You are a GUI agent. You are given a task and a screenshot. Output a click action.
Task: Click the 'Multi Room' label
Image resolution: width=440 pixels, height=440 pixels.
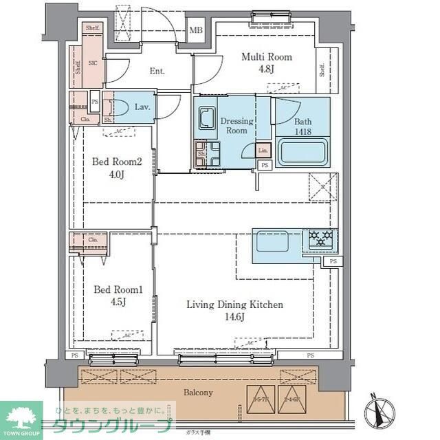pyautogui.click(x=265, y=57)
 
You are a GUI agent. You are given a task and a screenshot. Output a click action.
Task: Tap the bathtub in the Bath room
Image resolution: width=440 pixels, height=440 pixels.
pyautogui.click(x=303, y=151)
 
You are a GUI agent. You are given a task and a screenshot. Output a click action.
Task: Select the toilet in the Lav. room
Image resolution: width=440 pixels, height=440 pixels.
pyautogui.click(x=122, y=108)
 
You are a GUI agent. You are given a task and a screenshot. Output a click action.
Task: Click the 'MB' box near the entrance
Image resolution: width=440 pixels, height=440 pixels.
pyautogui.click(x=197, y=30)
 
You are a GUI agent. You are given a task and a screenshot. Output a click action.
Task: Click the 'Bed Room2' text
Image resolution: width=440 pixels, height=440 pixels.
pyautogui.click(x=117, y=162)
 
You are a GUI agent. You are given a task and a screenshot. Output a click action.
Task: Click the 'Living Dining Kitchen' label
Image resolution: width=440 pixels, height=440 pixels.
pyautogui.click(x=235, y=305)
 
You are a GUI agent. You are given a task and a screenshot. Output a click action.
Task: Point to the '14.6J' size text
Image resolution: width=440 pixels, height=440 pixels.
pyautogui.click(x=235, y=317)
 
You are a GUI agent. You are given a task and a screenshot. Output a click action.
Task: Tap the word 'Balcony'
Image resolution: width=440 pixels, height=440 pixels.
pyautogui.click(x=198, y=393)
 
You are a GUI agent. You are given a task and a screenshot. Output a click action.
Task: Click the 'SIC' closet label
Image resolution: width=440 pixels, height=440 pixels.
pyautogui.click(x=93, y=62)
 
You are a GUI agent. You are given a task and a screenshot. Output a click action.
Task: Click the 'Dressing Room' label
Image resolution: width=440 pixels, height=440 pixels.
pyautogui.click(x=236, y=126)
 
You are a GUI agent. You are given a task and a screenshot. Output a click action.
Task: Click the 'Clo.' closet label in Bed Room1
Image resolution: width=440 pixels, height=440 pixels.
pyautogui.click(x=93, y=240)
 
